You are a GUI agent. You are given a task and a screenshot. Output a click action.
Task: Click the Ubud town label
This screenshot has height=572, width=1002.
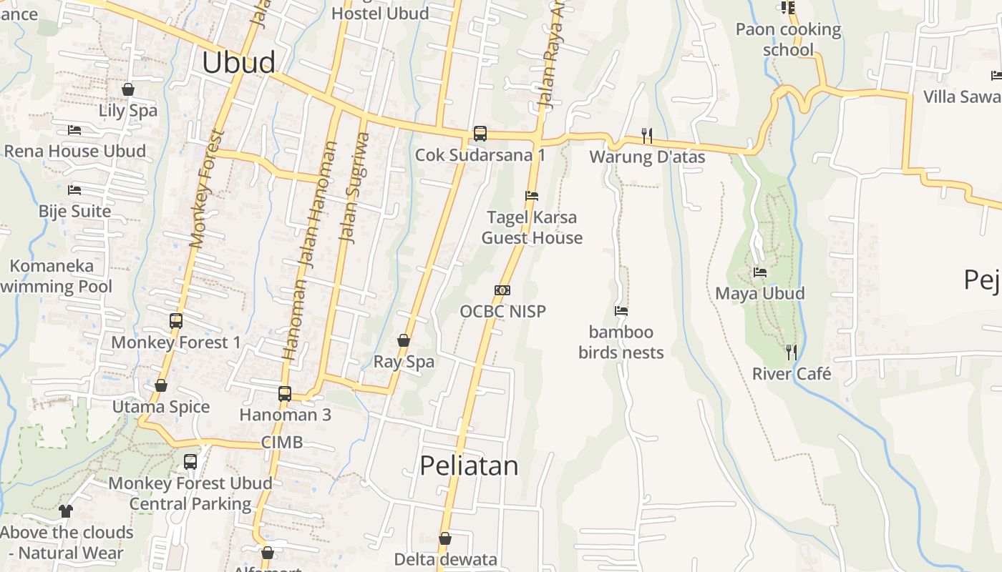point(238,63)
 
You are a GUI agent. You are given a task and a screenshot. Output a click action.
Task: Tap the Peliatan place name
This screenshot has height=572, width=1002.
point(469,466)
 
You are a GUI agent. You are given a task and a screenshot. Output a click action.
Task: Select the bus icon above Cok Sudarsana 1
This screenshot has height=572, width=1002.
point(480,134)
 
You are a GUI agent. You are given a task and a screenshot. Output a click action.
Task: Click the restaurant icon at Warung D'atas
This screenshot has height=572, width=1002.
point(647,135)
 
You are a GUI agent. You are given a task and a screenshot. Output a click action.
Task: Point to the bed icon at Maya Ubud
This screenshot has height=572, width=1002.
point(760,272)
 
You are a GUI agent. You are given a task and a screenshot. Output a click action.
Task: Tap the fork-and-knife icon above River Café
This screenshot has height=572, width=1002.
point(792,352)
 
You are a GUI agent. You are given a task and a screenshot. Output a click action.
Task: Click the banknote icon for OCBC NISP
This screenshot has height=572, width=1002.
point(502,290)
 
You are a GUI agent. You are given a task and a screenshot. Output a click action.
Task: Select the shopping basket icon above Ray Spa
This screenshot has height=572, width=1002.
point(404,340)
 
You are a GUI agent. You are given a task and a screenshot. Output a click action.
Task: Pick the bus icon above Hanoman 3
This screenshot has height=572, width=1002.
point(285,393)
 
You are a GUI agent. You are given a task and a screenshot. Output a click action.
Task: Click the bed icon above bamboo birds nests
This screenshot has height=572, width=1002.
point(621,311)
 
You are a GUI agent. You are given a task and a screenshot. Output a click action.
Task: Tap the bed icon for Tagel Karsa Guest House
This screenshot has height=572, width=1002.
point(532,195)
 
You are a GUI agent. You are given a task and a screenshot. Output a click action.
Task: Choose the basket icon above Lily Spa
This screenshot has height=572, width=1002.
point(128,89)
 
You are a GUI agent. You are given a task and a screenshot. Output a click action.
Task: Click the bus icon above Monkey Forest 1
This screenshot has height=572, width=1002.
point(176,321)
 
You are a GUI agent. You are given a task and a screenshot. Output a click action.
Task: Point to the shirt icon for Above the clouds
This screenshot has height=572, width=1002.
point(66,511)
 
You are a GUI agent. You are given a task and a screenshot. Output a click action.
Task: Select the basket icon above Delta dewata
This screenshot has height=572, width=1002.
point(445,538)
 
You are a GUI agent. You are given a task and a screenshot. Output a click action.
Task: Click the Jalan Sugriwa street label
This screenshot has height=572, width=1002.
point(356,187)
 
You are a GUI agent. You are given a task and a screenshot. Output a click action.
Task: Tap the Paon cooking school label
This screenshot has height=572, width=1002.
point(788,39)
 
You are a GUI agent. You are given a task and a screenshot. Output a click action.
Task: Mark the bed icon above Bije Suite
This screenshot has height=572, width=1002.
point(74,190)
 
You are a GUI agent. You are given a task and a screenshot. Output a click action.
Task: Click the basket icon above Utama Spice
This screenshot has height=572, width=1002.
point(161,386)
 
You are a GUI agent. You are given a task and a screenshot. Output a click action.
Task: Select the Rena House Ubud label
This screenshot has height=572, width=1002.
point(75,152)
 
